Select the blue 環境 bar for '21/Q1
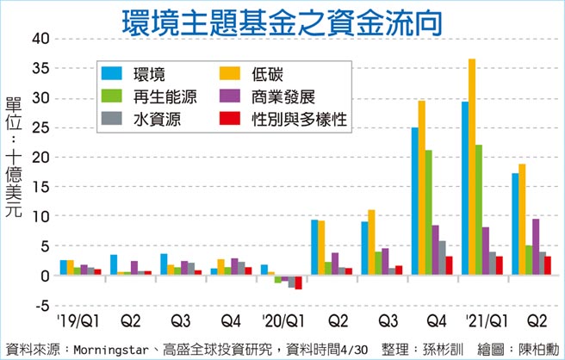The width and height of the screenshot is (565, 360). (464, 189)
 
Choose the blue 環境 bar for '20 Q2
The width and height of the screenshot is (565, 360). (314, 248)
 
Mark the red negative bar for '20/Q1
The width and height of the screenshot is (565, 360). (298, 282)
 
